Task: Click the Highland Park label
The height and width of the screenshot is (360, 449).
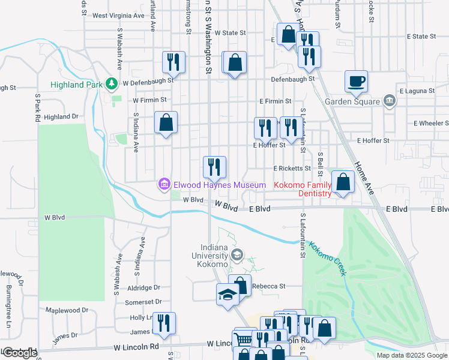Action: pyautogui.click(x=76, y=85)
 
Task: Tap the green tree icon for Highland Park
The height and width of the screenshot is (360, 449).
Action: pyautogui.click(x=110, y=83)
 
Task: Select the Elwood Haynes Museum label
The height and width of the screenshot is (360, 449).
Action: pyautogui.click(x=219, y=185)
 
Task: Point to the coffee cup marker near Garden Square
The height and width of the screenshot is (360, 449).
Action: pyautogui.click(x=356, y=81)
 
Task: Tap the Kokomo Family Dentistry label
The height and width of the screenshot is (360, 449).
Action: pyautogui.click(x=303, y=189)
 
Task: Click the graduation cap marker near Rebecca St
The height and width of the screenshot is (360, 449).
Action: pyautogui.click(x=228, y=295)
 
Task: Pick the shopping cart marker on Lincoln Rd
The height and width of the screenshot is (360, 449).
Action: pyautogui.click(x=243, y=340)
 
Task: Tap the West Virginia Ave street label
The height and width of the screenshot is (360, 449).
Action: pyautogui.click(x=118, y=16)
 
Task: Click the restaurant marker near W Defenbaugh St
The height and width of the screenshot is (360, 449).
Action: pyautogui.click(x=173, y=61)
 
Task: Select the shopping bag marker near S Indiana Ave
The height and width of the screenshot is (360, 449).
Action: pyautogui.click(x=166, y=122)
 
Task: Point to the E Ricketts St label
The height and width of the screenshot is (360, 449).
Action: pyautogui.click(x=292, y=169)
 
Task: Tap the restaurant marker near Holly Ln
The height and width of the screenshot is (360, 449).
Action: pyautogui.click(x=163, y=323)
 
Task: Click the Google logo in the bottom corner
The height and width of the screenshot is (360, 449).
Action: pyautogui.click(x=19, y=352)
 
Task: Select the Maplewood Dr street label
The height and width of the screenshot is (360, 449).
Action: pyautogui.click(x=67, y=310)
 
